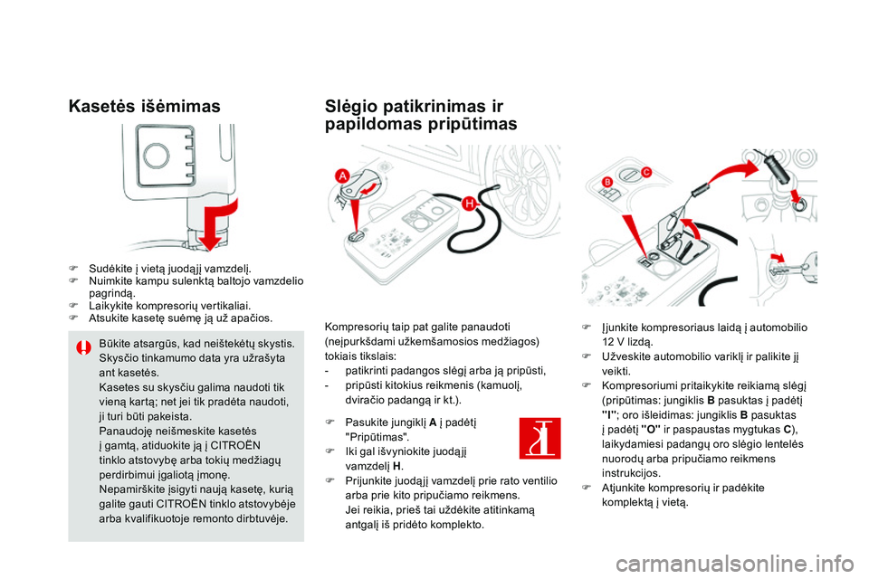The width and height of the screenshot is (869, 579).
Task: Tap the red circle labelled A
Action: click(343, 175)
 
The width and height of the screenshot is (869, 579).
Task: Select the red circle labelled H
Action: click(470, 205)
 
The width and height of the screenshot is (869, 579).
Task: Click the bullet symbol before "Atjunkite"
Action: click(587, 488)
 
